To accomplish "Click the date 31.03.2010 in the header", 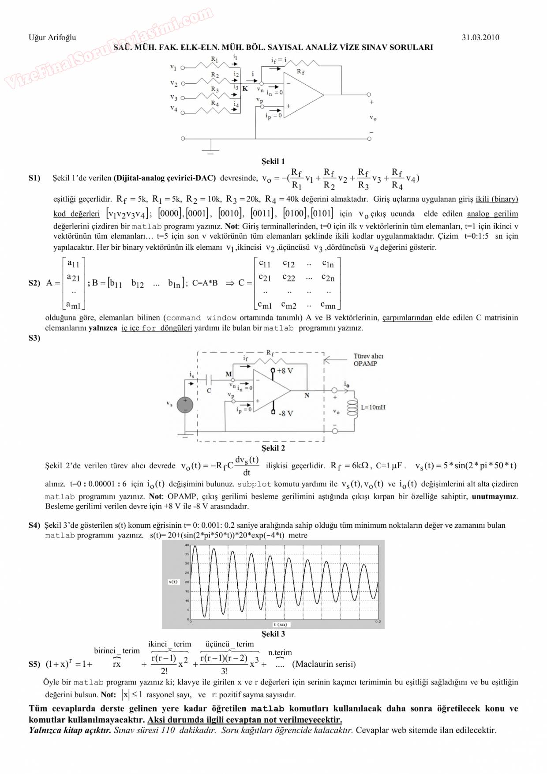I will pos(480,38).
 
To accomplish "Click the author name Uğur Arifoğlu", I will pos(52,38).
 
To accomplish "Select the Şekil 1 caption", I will pos(273,161).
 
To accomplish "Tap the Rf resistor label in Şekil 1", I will pos(300,71).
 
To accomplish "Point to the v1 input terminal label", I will pos(173,68).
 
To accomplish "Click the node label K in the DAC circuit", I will pos(245,89).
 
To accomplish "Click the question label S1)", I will pos(34,178).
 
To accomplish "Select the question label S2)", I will pos(34,283).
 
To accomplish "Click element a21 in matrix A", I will pos(73,278).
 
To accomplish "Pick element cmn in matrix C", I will pos(328,305).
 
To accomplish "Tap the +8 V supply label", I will pos(285,371).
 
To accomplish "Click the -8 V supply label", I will pos(285,413).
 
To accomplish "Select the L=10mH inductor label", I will pos(373,407).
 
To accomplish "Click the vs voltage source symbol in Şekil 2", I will pos(185,405).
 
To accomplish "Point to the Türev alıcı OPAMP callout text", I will pos(368,360).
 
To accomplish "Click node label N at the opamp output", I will pos(307,395).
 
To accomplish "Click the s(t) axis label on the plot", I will pos(173,582).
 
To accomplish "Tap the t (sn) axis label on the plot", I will pos(280,624).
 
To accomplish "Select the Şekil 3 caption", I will pos(273,634).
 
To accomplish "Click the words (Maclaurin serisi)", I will pos(324,664).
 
